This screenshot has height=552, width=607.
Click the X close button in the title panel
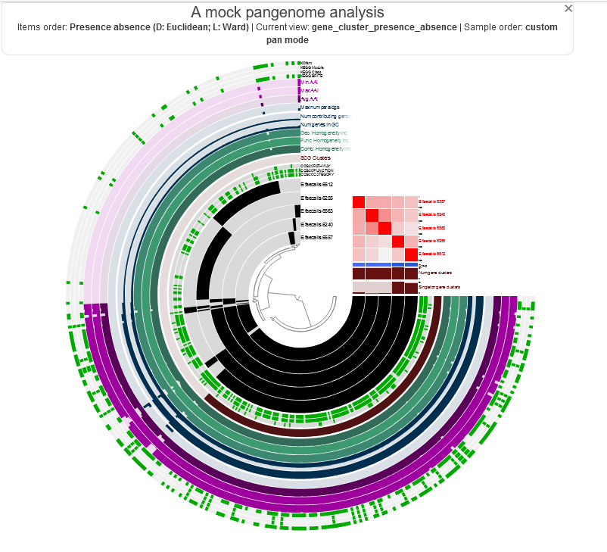[x=568, y=8]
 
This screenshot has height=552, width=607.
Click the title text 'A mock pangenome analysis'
[x=287, y=12]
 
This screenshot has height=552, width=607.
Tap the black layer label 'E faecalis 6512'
[x=317, y=184]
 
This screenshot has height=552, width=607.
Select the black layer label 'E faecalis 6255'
[x=317, y=198]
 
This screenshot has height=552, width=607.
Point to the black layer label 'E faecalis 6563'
[x=317, y=211]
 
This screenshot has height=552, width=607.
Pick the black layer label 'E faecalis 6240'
[x=317, y=224]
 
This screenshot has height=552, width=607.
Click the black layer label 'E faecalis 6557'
[x=317, y=238]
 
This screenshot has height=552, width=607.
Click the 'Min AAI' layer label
[x=310, y=82]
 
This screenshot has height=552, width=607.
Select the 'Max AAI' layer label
[x=310, y=90]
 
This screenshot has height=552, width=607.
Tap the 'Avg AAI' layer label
[x=310, y=98]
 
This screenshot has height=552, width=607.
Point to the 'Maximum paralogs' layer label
[x=320, y=108]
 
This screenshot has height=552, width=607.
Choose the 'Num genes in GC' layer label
[x=319, y=124]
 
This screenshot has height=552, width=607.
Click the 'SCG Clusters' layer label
[x=316, y=157]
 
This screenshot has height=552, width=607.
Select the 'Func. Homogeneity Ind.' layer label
[x=325, y=141]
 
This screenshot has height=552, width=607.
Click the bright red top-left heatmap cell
[x=359, y=201]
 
